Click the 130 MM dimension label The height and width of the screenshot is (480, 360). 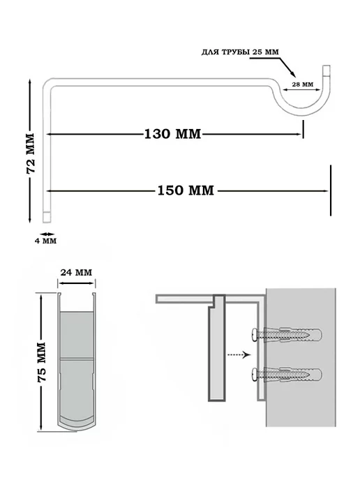[172, 134]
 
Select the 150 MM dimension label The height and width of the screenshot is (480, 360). [186, 190]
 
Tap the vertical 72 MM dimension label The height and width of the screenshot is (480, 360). [31, 153]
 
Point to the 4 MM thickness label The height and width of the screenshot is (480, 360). [45, 241]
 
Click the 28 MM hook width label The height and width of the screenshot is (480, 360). [303, 84]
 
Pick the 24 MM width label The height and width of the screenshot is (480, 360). [76, 273]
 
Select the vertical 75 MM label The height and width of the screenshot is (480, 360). [41, 362]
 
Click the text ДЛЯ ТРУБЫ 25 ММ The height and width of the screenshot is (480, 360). [240, 52]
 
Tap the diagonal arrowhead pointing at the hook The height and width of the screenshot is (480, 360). [292, 75]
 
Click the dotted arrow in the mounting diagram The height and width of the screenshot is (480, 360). [239, 355]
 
